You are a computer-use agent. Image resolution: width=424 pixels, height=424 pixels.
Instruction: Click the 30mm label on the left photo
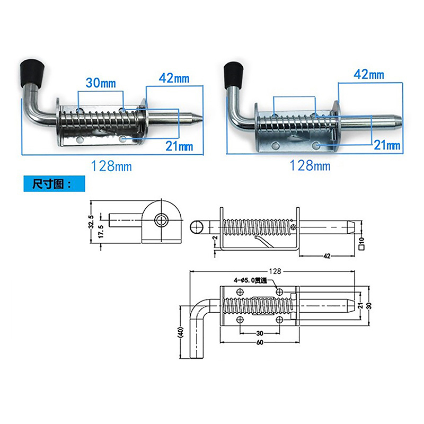tap(101, 83)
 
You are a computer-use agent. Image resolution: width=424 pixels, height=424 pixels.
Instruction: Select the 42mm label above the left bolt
tap(174, 78)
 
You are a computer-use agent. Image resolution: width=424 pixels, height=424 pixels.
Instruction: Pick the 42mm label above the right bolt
tap(369, 74)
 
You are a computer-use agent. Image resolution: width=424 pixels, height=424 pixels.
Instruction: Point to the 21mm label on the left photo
tap(179, 146)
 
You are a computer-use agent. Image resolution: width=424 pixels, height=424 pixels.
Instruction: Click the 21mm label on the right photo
tap(387, 145)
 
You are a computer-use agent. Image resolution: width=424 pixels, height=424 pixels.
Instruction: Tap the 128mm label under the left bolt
tap(111, 166)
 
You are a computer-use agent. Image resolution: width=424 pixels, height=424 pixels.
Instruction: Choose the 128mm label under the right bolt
tap(310, 165)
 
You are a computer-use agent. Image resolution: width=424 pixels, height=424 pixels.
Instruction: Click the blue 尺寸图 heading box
tap(55, 184)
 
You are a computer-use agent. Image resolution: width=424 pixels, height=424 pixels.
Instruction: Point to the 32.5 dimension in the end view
tap(91, 222)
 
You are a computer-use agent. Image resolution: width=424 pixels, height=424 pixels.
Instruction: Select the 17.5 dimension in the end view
tap(101, 232)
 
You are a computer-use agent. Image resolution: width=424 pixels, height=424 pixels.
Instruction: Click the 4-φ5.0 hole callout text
tap(250, 281)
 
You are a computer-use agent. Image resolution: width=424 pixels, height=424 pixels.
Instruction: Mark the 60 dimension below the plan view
tap(260, 342)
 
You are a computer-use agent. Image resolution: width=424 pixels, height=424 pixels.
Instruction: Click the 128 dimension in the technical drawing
tap(275, 271)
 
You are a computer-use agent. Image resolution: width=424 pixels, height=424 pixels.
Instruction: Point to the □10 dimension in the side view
tap(362, 243)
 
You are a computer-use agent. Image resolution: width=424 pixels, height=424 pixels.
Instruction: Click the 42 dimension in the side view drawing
tap(327, 256)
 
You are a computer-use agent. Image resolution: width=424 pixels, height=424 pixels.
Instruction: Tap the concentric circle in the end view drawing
tap(162, 220)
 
